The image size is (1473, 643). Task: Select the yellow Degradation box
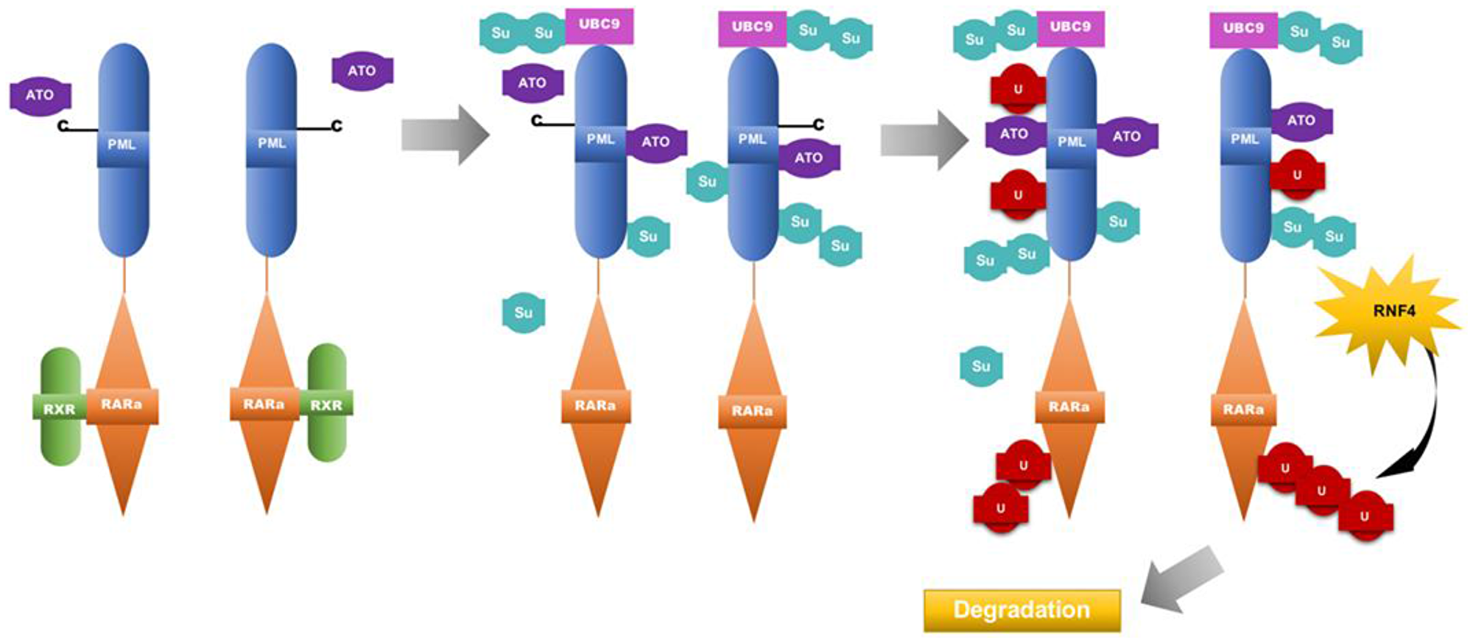(1022, 610)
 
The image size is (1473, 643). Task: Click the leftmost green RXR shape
(60, 407)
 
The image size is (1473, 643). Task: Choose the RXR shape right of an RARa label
(326, 404)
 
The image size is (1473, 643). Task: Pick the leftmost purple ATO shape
(40, 96)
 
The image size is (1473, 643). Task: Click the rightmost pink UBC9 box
(1243, 29)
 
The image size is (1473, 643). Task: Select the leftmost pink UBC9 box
(599, 25)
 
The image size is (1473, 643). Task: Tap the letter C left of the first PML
(63, 127)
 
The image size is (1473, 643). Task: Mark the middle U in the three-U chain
(1321, 490)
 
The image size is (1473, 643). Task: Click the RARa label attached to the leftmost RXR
(122, 404)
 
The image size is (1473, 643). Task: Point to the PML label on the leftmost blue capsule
(122, 144)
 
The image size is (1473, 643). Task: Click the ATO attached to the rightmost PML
(1301, 121)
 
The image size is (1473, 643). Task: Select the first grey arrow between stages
(444, 135)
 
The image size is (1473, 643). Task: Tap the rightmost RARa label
(1243, 410)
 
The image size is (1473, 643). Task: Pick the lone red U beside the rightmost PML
(1297, 175)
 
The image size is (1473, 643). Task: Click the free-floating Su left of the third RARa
(523, 312)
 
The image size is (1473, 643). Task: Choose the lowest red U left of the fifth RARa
(1000, 508)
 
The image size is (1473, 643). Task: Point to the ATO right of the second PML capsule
(362, 71)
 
